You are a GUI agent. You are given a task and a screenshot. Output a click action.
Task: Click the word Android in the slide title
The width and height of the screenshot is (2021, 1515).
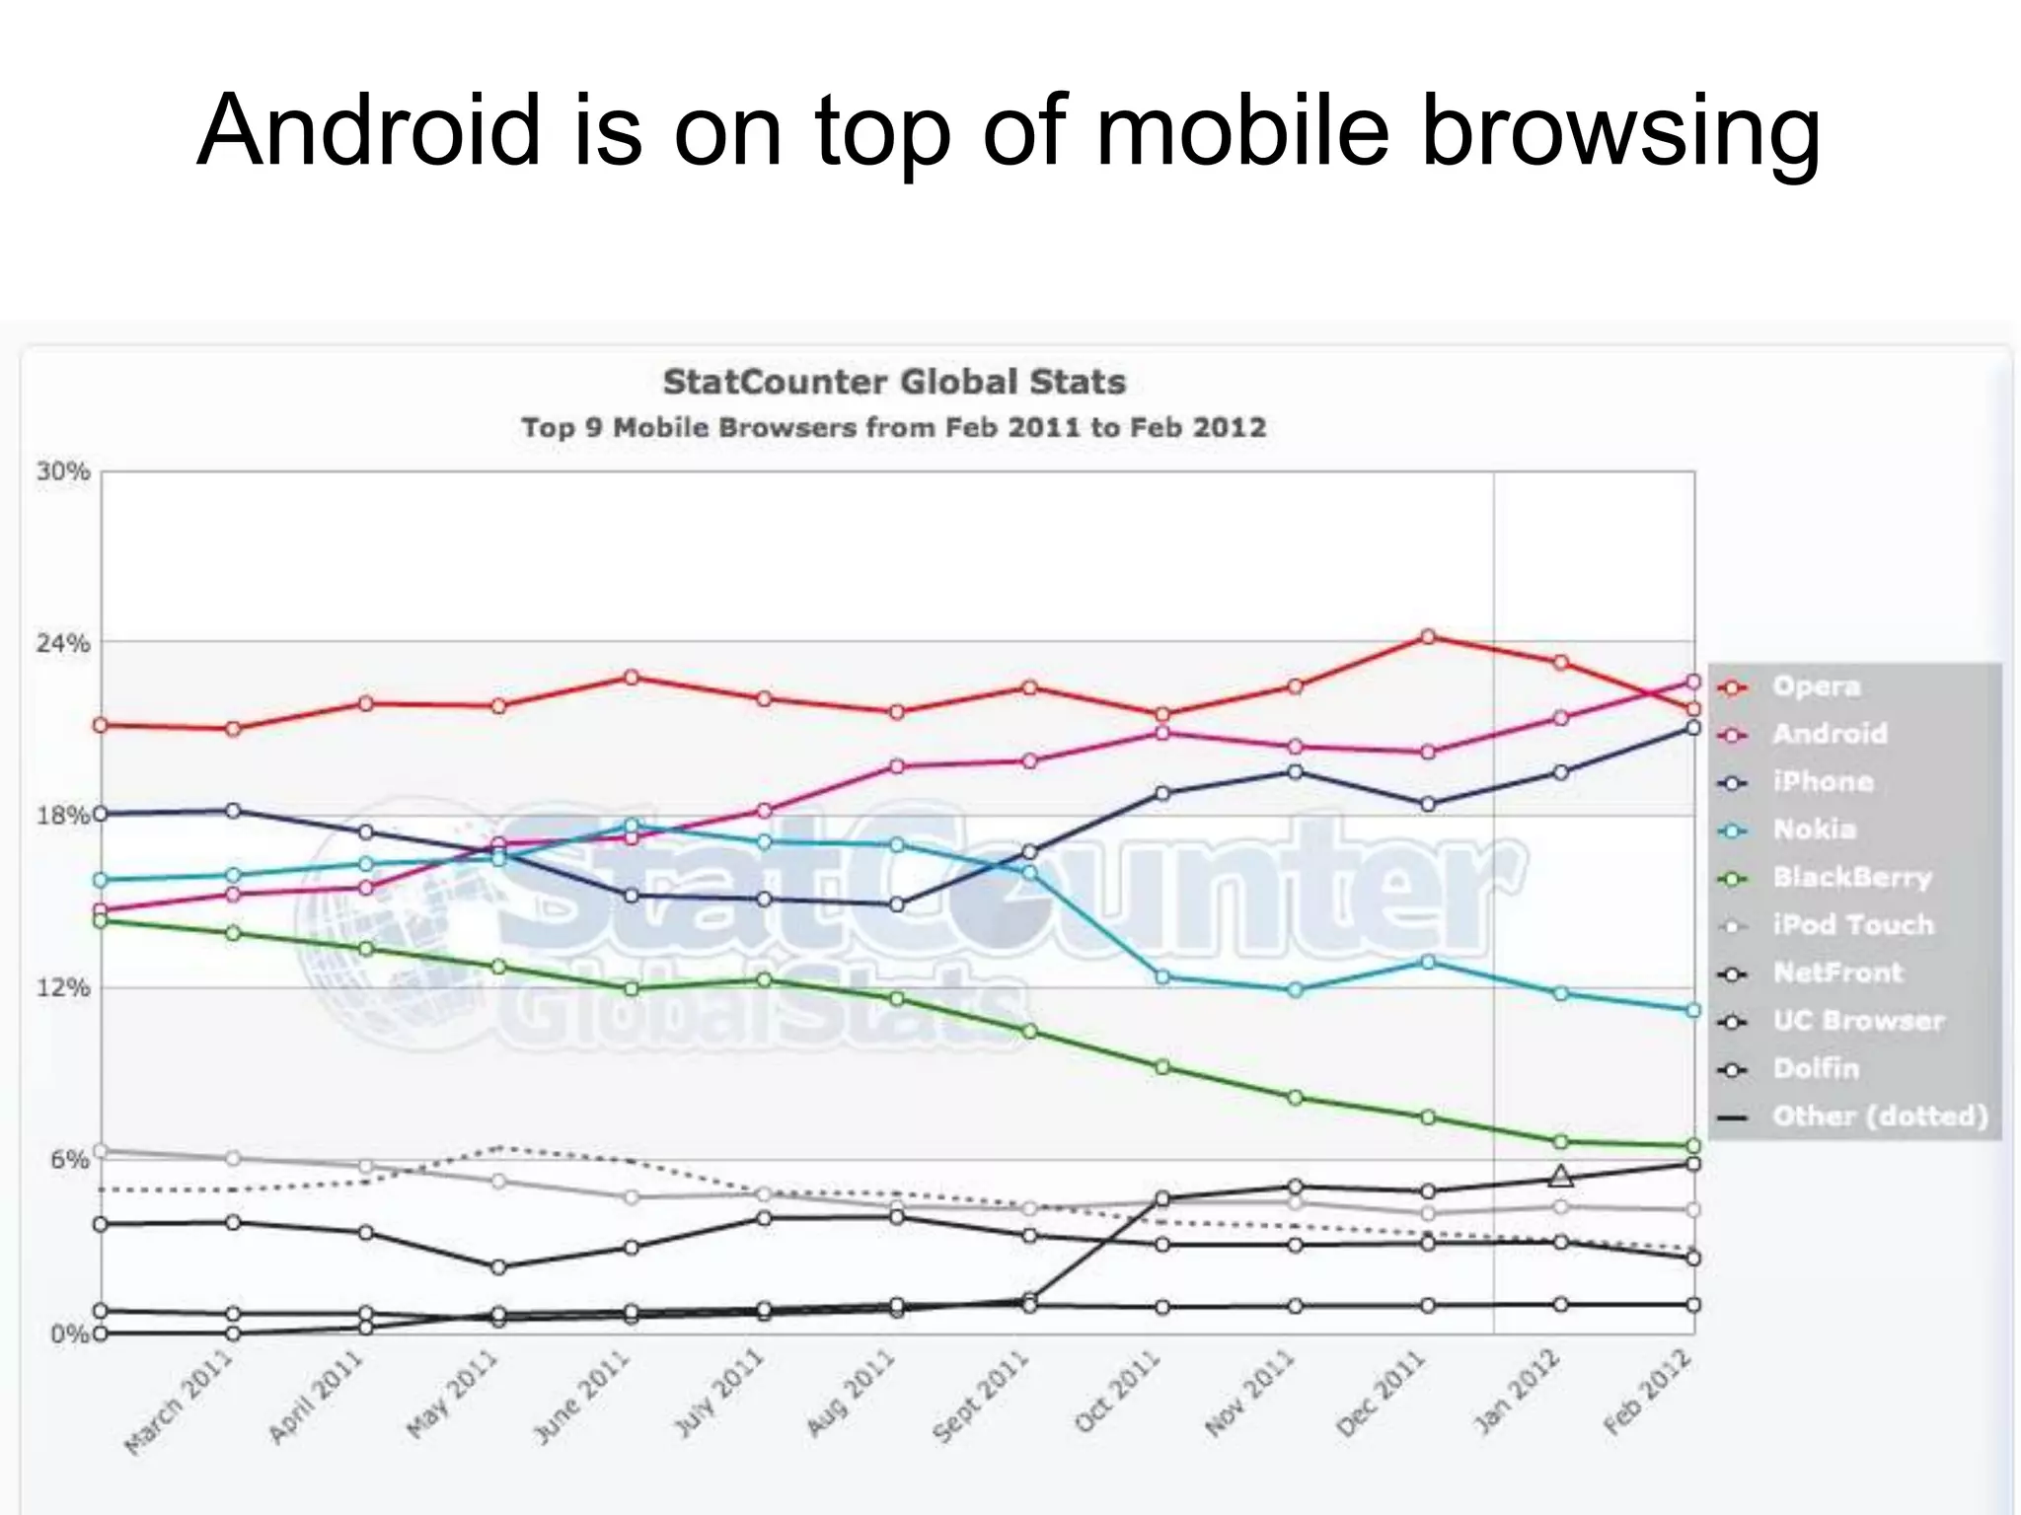[369, 131]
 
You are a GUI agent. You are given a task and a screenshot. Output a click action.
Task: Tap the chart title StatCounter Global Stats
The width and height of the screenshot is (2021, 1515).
[894, 382]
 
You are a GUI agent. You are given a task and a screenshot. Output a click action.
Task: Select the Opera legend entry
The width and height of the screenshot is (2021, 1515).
[1816, 686]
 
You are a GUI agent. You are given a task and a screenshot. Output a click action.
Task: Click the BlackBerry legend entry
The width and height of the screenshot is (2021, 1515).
[1851, 877]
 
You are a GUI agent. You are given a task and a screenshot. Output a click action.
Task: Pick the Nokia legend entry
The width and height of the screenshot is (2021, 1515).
[1814, 830]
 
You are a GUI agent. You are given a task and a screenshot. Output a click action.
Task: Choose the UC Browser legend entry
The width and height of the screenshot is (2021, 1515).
[1857, 1021]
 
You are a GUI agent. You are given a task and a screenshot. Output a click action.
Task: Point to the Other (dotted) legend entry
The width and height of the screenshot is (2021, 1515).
[1879, 1117]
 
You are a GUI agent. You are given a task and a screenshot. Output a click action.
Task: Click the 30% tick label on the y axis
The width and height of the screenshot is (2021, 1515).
[63, 471]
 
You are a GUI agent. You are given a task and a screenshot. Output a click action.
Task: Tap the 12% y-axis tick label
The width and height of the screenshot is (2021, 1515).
[63, 987]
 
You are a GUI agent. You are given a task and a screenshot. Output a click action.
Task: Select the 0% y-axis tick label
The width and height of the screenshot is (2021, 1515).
[69, 1335]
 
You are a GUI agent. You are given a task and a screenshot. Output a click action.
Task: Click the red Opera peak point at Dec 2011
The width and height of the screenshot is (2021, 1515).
[1427, 637]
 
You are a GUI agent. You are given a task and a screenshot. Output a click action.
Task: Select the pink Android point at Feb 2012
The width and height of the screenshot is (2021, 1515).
[1693, 682]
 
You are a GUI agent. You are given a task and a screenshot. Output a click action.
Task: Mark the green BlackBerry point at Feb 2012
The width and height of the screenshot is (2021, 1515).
[1693, 1146]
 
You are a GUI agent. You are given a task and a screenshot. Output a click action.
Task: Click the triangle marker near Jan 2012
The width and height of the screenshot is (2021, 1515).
[1560, 1176]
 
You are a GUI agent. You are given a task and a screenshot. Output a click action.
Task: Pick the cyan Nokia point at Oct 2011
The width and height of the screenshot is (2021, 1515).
[1162, 977]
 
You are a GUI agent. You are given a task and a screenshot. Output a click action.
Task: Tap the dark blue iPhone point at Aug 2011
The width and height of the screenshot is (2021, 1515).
[897, 904]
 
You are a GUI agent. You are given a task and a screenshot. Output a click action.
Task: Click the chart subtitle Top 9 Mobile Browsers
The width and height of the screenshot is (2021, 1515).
[893, 428]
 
